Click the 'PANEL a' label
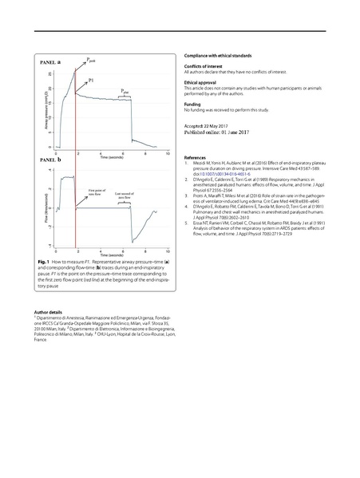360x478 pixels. pos(51,61)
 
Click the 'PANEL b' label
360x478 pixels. pos(51,161)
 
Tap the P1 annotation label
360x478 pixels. pos(92,81)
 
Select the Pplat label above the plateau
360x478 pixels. pos(124,92)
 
